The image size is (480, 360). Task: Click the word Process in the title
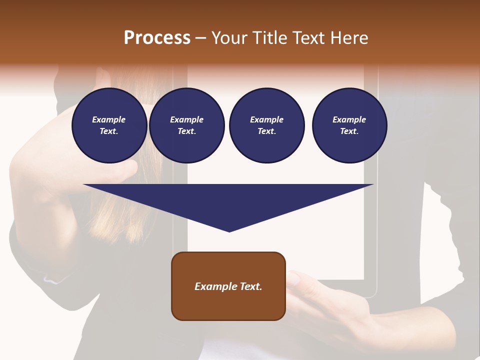click(157, 38)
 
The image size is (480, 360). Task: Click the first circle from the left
click(109, 125)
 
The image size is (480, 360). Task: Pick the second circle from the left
click(186, 125)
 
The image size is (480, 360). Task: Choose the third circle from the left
click(266, 125)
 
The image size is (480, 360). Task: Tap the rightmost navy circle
click(349, 125)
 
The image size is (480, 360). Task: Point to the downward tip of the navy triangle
click(229, 231)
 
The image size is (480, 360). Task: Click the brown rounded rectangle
click(228, 286)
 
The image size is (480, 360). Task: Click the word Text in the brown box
click(250, 286)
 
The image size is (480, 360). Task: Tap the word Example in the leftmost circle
click(109, 119)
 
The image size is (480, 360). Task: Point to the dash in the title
click(200, 38)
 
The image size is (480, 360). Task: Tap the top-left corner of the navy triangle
click(84, 184)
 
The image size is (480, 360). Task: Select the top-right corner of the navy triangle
click(373, 184)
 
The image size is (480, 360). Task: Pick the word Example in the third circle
click(266, 119)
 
